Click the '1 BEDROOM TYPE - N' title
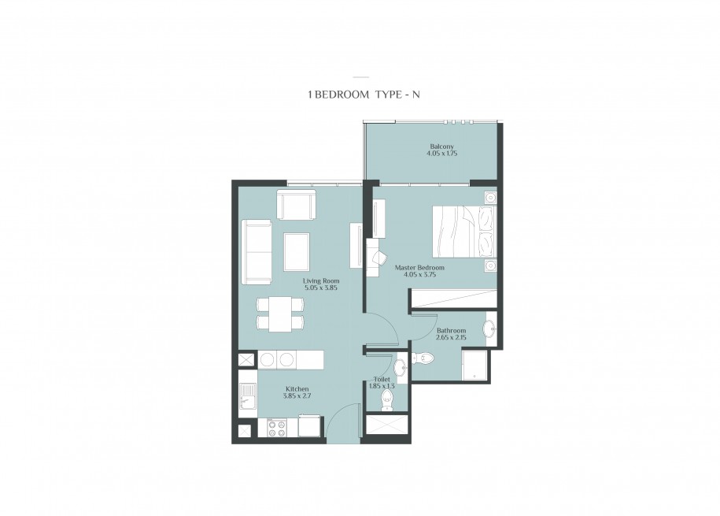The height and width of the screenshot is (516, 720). (x=364, y=95)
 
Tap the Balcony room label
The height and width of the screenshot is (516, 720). (x=441, y=147)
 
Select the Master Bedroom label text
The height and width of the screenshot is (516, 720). (x=419, y=268)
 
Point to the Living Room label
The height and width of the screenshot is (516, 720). (x=321, y=281)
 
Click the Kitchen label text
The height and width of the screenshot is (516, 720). (x=297, y=389)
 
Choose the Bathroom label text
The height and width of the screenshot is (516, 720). (x=451, y=331)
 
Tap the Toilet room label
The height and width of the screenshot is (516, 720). (x=382, y=380)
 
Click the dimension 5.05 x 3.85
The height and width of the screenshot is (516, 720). (x=321, y=288)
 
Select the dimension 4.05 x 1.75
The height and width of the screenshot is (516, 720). (x=441, y=154)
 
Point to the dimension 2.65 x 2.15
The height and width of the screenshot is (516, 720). (x=451, y=337)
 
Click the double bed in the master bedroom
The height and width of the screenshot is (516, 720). (x=464, y=232)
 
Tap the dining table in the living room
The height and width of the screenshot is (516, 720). (x=279, y=314)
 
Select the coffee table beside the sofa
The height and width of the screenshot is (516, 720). (x=296, y=251)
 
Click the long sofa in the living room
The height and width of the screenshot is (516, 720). (x=257, y=252)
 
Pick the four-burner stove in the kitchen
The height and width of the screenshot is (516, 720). (x=277, y=428)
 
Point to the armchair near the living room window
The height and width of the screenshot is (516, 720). (x=296, y=205)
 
